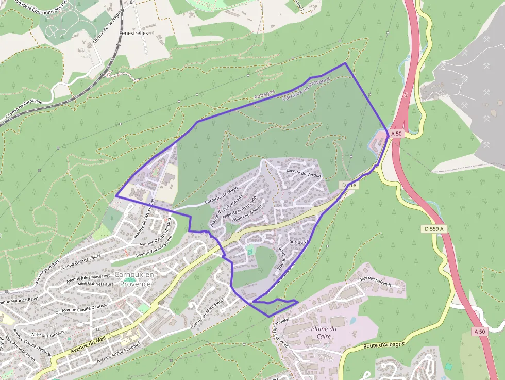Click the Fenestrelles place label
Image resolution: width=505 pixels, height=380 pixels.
click(133, 32)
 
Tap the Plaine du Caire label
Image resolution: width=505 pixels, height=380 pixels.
click(324, 333)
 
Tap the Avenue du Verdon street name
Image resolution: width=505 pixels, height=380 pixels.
click(304, 174)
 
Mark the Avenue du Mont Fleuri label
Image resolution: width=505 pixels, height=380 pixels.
click(208, 312)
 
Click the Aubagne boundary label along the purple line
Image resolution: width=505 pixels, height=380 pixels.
click(265, 95)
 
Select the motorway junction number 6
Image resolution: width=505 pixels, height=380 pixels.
click(406, 95)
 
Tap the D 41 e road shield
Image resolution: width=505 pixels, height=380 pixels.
click(349, 185)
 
